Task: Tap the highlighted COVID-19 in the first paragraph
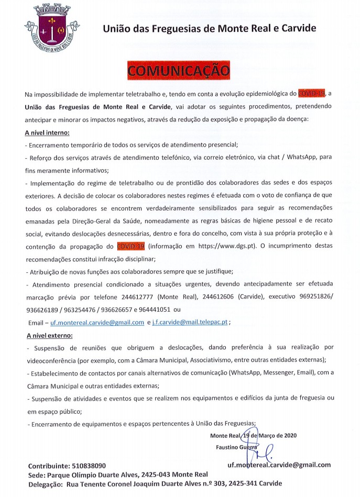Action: coord(311,94)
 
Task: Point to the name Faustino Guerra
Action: coord(236,447)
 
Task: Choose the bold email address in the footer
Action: coord(279,465)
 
